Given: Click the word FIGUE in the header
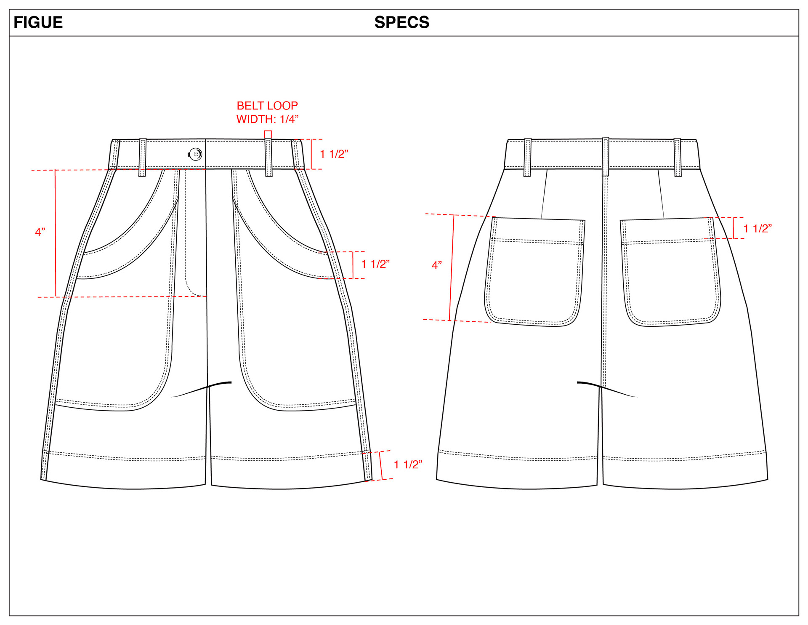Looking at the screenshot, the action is coord(38,22).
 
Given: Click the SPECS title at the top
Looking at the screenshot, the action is coord(402,22).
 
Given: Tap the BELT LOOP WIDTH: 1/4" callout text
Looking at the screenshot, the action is coord(267,112).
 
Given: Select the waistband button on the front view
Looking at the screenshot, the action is coord(195,154).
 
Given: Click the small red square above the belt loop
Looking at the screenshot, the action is coord(268,134).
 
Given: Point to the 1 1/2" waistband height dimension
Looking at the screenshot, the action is coord(334,154).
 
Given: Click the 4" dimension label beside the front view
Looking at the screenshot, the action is coord(40,232).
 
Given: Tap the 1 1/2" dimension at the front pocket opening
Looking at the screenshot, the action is coord(375,264).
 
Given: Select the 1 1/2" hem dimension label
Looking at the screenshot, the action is coord(408,465).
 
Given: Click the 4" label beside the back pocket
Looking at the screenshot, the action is coord(437,265).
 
